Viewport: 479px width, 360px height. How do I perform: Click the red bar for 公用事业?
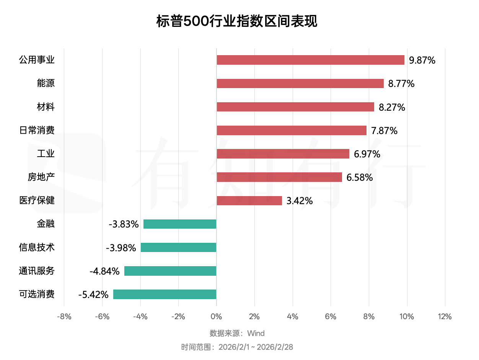310,60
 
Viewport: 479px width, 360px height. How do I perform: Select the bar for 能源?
300,83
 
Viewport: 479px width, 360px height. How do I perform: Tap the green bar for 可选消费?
165,294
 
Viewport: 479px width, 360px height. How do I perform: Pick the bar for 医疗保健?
249,201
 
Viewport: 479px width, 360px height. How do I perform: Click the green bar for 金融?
180,224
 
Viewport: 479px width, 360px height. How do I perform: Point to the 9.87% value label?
422,60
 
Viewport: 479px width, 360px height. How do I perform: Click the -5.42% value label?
93,295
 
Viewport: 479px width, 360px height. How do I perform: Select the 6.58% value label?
359,177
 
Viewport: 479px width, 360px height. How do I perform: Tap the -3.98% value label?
121,248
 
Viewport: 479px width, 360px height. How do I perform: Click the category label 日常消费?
37,130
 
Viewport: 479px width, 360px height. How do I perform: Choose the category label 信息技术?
37,247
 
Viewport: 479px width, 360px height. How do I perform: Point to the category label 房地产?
41,177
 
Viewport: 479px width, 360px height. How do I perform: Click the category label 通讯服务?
37,271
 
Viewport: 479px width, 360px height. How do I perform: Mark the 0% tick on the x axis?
217,317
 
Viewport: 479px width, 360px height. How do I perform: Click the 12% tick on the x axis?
445,317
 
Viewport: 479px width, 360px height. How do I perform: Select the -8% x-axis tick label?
64,317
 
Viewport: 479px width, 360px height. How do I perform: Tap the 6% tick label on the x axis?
331,317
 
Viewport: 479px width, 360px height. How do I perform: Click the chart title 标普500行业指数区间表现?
237,21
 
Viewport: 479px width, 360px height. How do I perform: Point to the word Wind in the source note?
256,333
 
